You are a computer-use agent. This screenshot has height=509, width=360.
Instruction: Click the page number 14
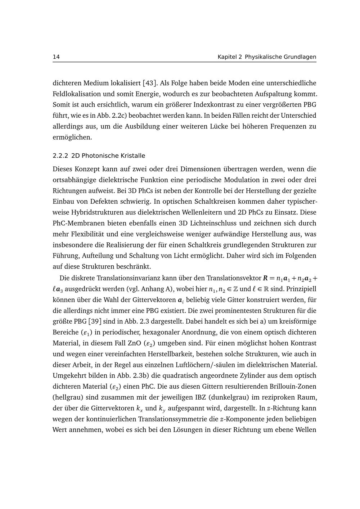click(x=56, y=57)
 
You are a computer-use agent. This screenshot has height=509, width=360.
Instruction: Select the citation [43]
click(x=149, y=83)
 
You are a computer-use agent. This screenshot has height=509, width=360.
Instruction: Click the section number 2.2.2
click(x=60, y=156)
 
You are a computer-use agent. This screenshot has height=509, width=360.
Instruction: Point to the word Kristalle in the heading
click(x=133, y=156)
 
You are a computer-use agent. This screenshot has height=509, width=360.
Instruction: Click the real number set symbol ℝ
click(x=266, y=289)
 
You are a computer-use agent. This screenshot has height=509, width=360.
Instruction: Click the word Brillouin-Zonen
click(x=293, y=387)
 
